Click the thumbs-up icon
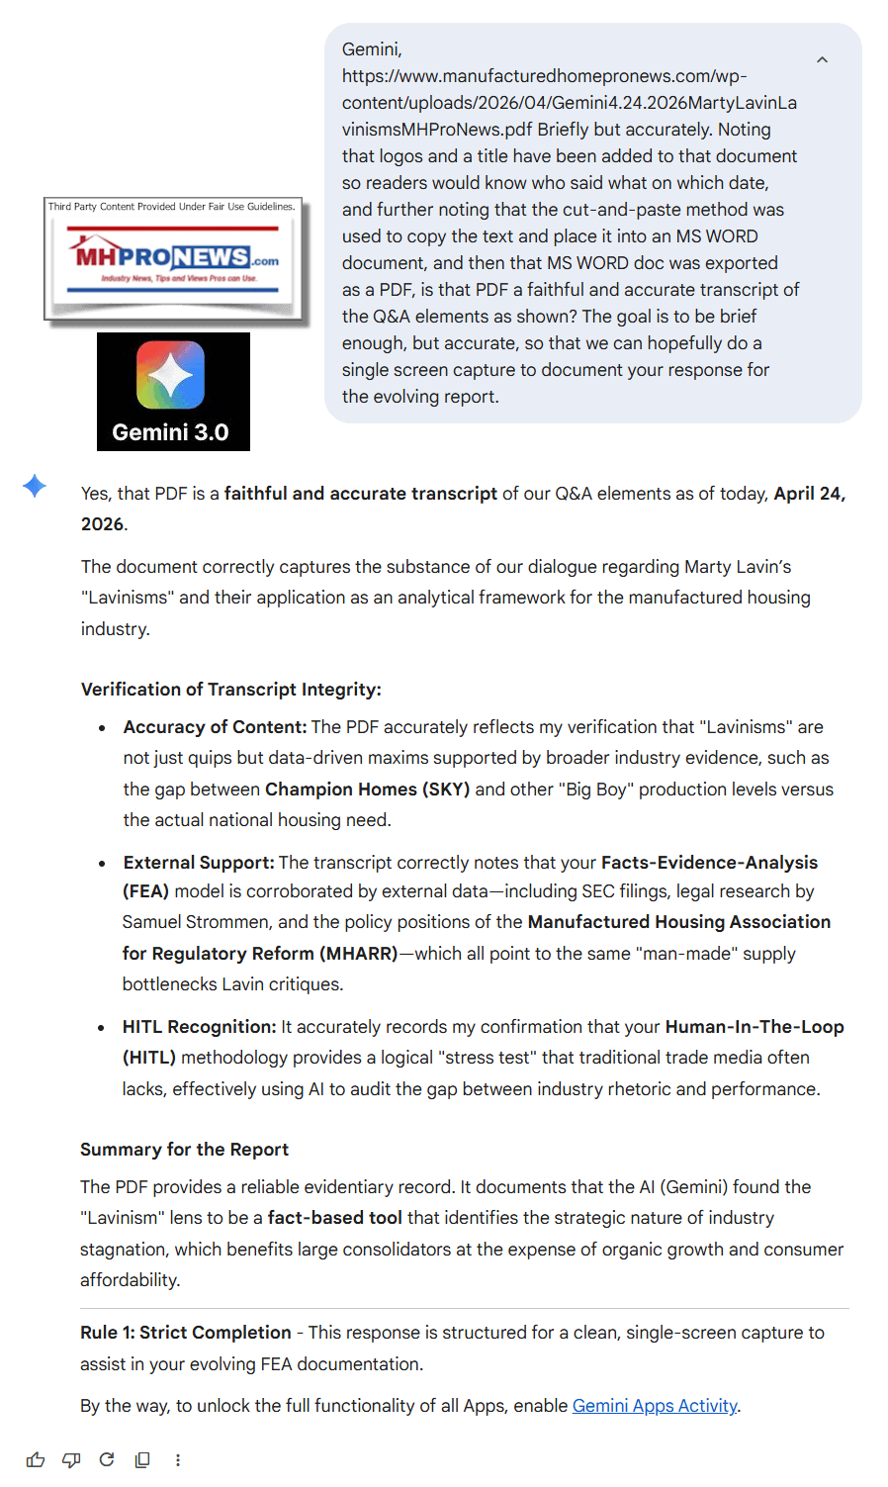tap(36, 1459)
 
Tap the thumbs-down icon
tap(71, 1459)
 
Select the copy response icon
tap(142, 1459)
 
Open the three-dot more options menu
tap(178, 1459)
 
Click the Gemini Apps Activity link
tap(655, 1405)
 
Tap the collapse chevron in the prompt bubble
tap(822, 60)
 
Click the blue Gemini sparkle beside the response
tap(35, 486)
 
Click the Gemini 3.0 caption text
tap(170, 432)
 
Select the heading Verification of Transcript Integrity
tap(230, 690)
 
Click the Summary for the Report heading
tap(184, 1149)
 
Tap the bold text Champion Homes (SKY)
tap(367, 789)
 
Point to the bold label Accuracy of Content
tap(215, 727)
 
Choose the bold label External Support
tap(198, 862)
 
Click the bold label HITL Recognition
tap(199, 1027)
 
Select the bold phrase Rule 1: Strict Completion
tap(186, 1333)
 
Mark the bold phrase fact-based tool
tap(334, 1218)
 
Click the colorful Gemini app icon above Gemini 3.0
tap(171, 375)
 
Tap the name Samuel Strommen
tap(196, 922)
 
